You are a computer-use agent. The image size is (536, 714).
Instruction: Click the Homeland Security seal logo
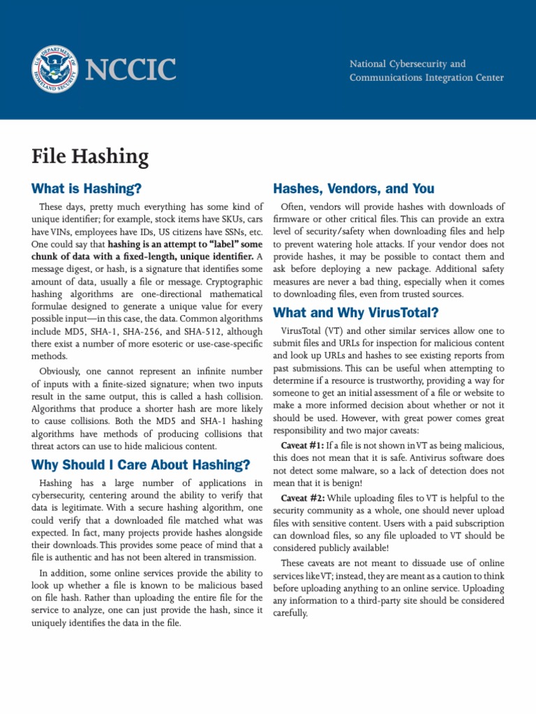57,70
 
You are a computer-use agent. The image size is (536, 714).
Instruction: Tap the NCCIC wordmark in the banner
130,70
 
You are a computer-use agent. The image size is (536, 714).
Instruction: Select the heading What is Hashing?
87,188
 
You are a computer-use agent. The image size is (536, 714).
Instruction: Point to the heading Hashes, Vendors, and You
354,188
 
